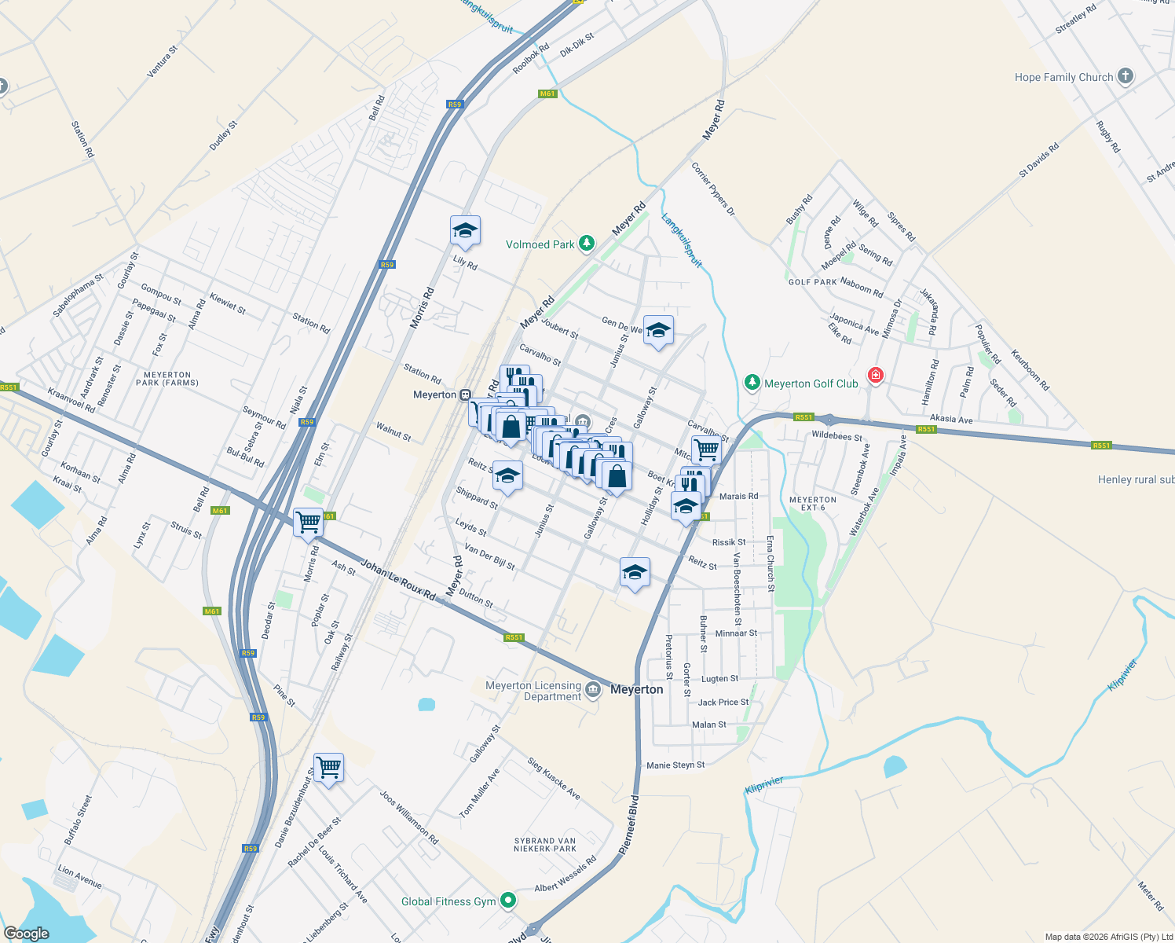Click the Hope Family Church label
(1063, 77)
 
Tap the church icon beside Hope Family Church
(1126, 76)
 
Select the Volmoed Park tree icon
(586, 244)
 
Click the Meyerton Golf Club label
(811, 383)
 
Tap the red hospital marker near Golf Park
(875, 376)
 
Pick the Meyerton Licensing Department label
(533, 691)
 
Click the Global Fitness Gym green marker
(509, 901)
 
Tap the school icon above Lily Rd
(465, 230)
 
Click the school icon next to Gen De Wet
(658, 330)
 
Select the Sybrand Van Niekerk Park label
(545, 845)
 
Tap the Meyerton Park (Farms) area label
(167, 379)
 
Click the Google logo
(27, 934)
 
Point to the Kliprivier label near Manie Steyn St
(764, 784)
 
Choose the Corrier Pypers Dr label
(713, 189)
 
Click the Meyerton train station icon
(465, 394)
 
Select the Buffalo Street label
(78, 820)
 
